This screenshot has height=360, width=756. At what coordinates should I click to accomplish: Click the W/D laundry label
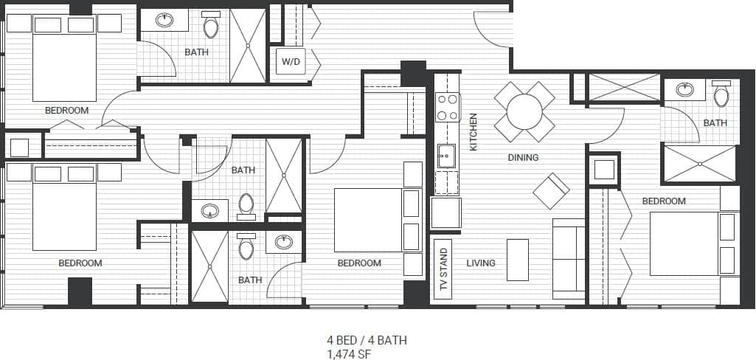(291, 61)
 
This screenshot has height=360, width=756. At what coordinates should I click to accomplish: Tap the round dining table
(524, 112)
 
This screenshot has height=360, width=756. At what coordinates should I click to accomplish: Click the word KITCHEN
(474, 132)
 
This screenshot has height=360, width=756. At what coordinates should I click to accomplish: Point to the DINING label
(523, 157)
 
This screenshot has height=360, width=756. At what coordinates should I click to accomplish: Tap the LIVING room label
(481, 263)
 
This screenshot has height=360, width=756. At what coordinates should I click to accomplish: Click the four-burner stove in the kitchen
(448, 107)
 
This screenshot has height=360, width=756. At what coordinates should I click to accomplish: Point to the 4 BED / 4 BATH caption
(367, 340)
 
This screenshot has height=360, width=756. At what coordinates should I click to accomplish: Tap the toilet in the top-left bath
(211, 27)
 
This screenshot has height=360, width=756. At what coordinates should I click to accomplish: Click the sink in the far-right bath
(685, 90)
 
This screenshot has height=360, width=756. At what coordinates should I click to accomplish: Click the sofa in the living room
(569, 258)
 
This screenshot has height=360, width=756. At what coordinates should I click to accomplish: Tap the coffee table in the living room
(518, 260)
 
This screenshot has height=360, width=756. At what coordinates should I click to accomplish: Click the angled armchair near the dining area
(551, 190)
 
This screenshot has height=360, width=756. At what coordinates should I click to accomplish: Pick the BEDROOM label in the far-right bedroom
(664, 201)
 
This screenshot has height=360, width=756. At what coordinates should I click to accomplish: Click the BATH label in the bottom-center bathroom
(250, 280)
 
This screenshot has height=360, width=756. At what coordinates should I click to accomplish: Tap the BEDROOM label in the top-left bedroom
(66, 111)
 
